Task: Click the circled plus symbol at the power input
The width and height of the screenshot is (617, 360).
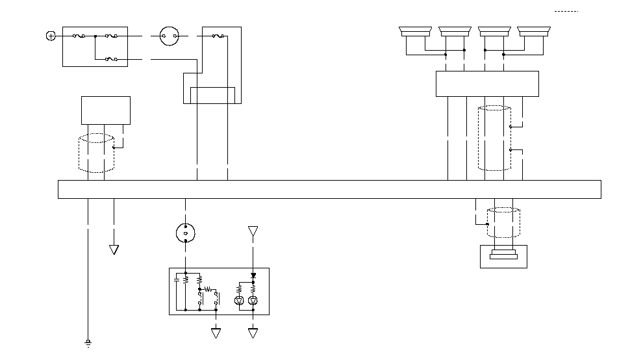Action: [51, 36]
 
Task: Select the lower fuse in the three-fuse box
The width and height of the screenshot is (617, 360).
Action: [111, 60]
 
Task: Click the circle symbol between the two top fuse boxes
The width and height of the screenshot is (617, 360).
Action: [169, 36]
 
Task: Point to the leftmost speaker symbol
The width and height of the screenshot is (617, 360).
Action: [415, 31]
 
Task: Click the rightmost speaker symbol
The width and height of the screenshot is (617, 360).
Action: [535, 31]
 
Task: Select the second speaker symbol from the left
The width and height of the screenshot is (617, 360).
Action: [455, 31]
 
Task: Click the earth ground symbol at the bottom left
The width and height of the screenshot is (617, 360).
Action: [88, 342]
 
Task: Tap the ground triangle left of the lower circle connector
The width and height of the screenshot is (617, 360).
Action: [114, 250]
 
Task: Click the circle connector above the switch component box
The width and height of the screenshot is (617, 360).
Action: [186, 232]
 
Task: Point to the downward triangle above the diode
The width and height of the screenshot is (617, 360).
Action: [253, 231]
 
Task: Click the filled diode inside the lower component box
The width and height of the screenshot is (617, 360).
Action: [253, 276]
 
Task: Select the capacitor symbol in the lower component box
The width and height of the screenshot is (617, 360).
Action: [176, 280]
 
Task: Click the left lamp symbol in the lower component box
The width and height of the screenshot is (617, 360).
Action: [238, 300]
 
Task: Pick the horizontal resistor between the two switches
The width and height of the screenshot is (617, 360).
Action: [208, 288]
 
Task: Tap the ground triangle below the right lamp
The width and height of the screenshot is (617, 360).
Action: [253, 333]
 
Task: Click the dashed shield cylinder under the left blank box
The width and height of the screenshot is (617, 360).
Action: [96, 153]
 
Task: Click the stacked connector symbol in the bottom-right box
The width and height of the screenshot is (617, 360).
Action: [503, 255]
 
